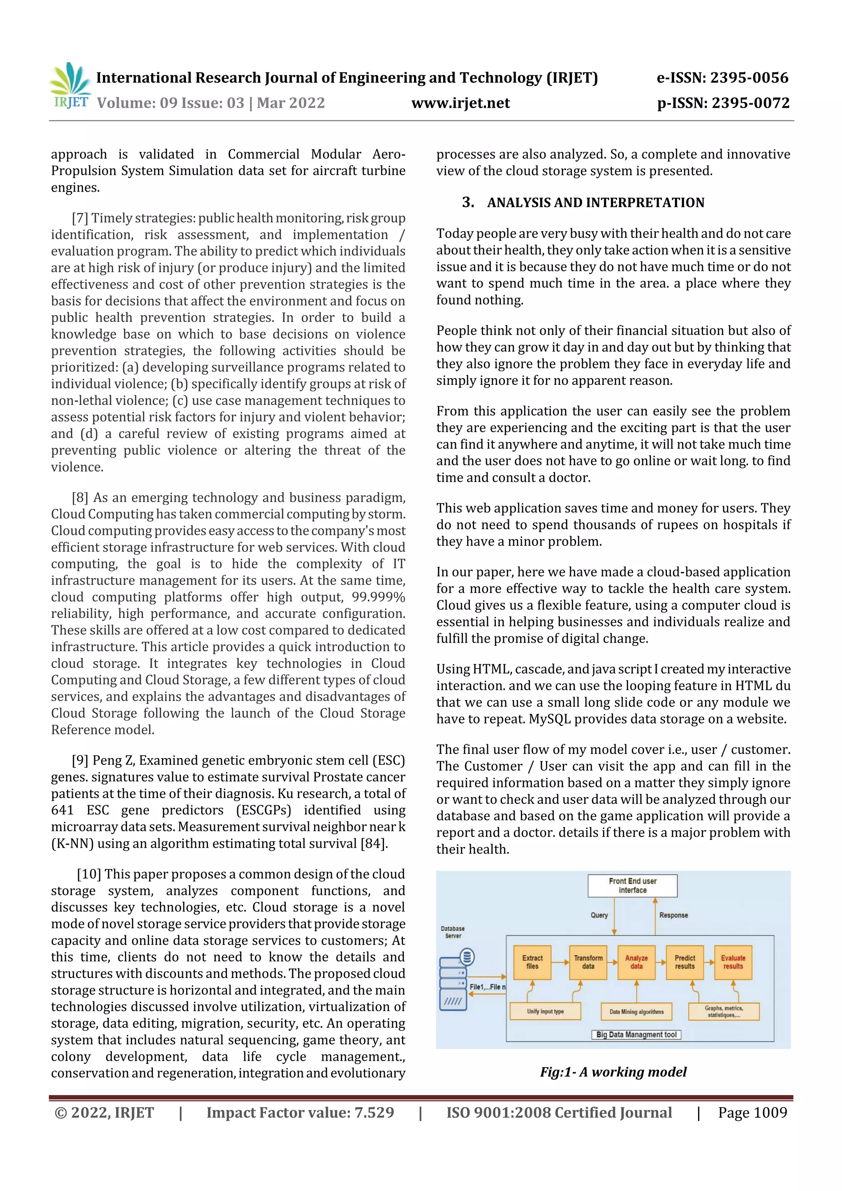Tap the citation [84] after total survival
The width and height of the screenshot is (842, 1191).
point(374,844)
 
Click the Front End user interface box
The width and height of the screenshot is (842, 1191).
point(632,886)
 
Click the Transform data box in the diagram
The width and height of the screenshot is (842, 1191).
point(588,962)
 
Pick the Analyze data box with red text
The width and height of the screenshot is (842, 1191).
point(636,962)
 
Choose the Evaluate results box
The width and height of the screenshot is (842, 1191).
point(733,962)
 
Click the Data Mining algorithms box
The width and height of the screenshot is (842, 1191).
point(636,1011)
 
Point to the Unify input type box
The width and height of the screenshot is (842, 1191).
point(545,1011)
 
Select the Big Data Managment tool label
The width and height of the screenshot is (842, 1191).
point(636,1035)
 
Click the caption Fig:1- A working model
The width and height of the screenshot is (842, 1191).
point(613,1072)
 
